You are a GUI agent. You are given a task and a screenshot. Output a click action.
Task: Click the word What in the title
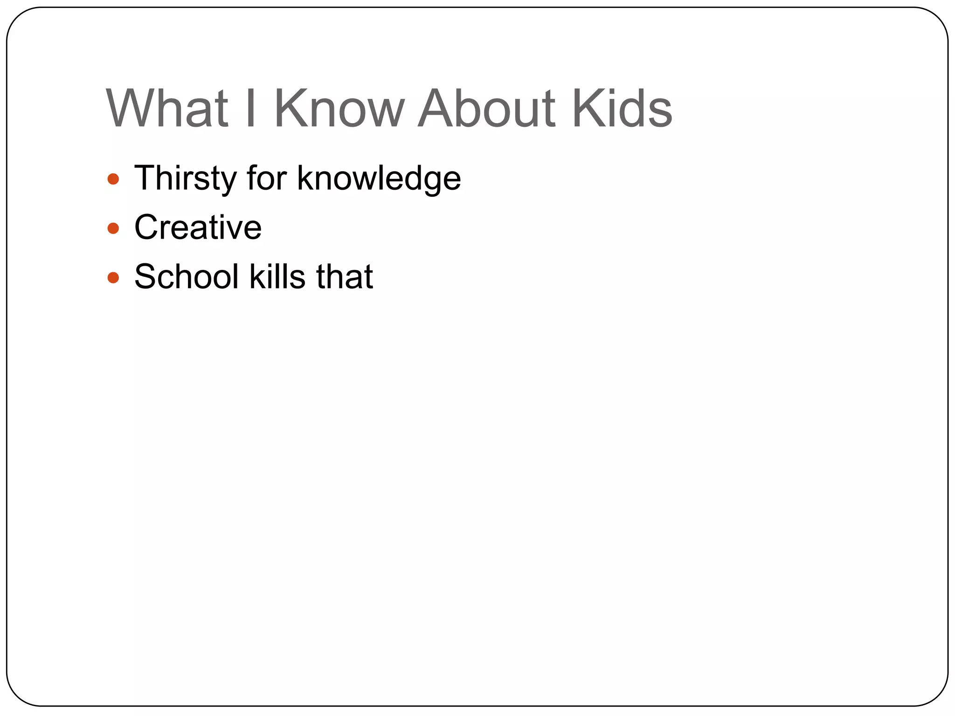tap(167, 108)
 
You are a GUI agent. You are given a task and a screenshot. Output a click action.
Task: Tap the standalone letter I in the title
tap(251, 108)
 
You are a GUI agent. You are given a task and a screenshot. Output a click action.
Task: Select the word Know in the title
tap(339, 108)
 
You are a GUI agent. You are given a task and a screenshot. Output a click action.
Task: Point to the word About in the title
tap(487, 108)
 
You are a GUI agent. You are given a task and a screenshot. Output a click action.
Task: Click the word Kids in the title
tap(622, 108)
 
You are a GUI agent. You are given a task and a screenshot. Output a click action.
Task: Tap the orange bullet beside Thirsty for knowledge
tap(113, 179)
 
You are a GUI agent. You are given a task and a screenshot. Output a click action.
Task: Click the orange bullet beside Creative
tap(113, 228)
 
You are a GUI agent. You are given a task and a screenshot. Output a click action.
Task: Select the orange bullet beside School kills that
tap(113, 278)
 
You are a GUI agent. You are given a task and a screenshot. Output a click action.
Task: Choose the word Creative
tap(198, 227)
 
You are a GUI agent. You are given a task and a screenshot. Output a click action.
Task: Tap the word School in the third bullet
tap(187, 276)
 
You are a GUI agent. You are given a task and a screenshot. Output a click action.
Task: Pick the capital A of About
tap(436, 108)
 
